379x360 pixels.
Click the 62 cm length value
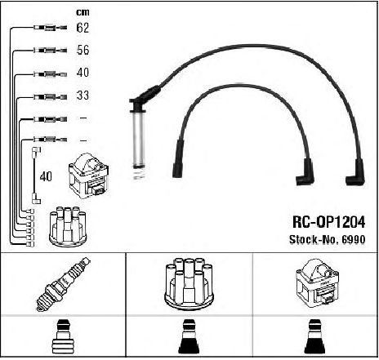click(x=82, y=28)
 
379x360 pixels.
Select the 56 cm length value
click(x=82, y=50)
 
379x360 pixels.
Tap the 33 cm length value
click(x=82, y=96)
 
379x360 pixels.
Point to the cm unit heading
click(x=82, y=12)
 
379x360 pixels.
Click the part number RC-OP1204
click(x=328, y=222)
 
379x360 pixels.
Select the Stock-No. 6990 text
click(x=327, y=239)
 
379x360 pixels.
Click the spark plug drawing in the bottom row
click(x=63, y=284)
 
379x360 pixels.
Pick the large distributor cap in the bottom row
click(x=189, y=284)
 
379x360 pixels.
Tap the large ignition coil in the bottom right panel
click(x=317, y=283)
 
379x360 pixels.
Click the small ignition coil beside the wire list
click(x=88, y=176)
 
